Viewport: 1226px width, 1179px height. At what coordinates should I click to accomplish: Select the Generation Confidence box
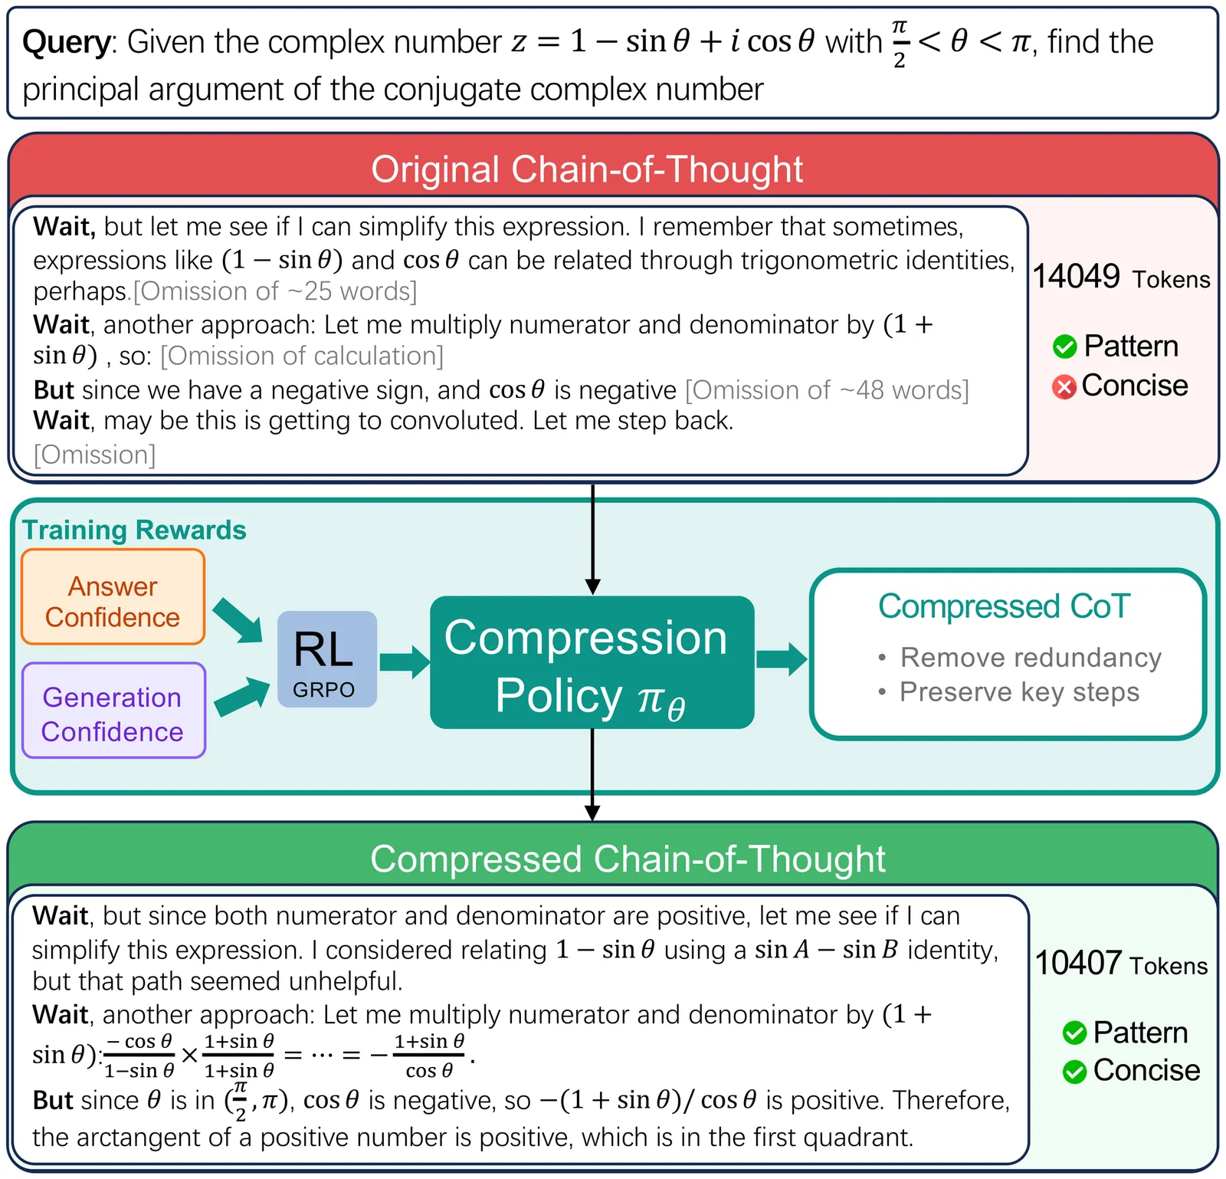click(113, 711)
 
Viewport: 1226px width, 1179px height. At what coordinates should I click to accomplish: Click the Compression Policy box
click(591, 662)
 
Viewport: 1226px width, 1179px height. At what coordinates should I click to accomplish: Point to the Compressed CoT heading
click(1004, 606)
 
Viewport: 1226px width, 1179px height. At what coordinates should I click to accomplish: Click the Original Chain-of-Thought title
click(587, 169)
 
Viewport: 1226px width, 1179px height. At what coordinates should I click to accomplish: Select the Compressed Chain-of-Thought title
click(627, 859)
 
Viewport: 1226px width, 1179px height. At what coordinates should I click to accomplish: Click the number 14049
click(1076, 277)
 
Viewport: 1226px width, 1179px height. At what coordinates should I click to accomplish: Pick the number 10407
click(1078, 963)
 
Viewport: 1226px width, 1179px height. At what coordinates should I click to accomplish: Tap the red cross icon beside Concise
click(1064, 387)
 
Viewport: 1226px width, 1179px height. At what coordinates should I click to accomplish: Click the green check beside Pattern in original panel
click(1064, 346)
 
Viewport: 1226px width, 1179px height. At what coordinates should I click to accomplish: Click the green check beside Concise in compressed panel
click(1074, 1071)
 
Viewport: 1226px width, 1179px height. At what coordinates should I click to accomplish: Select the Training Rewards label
click(134, 530)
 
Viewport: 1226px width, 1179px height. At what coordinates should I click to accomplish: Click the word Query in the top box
click(67, 42)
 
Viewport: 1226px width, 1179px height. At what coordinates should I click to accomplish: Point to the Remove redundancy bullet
click(1030, 657)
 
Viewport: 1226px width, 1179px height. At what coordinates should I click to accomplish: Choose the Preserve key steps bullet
click(1019, 691)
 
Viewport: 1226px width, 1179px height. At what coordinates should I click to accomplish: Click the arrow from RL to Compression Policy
click(404, 662)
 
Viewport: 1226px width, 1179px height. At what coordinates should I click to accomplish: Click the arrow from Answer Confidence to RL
click(238, 620)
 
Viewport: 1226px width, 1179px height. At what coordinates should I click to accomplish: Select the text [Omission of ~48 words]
click(827, 390)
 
